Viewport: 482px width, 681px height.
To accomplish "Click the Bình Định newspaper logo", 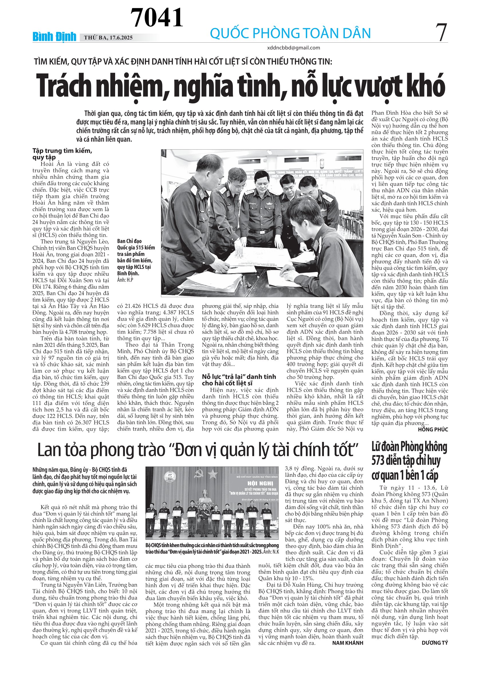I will [54, 37].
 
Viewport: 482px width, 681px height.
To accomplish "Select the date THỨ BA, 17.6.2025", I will [108, 38].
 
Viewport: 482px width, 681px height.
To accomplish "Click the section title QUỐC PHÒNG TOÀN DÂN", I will [290, 33].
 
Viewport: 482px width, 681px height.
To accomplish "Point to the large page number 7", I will [441, 33].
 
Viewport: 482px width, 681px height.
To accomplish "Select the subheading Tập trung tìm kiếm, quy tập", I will [62, 154].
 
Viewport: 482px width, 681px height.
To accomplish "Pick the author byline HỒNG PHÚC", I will [433, 430].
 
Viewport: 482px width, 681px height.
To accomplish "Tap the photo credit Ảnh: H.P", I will [125, 280].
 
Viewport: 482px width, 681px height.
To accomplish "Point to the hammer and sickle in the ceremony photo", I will [199, 475].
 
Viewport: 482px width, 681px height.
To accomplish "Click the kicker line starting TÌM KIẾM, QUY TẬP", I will [183, 62].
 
